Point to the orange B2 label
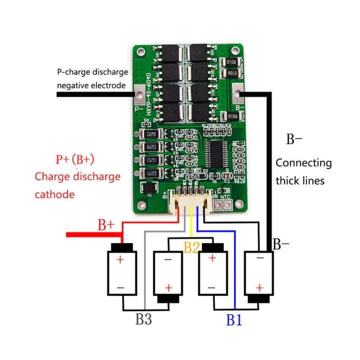tap(192, 247)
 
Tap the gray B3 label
tap(143, 319)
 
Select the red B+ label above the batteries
tap(106, 225)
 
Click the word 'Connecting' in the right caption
tap(303, 163)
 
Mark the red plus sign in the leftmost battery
tap(120, 260)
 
